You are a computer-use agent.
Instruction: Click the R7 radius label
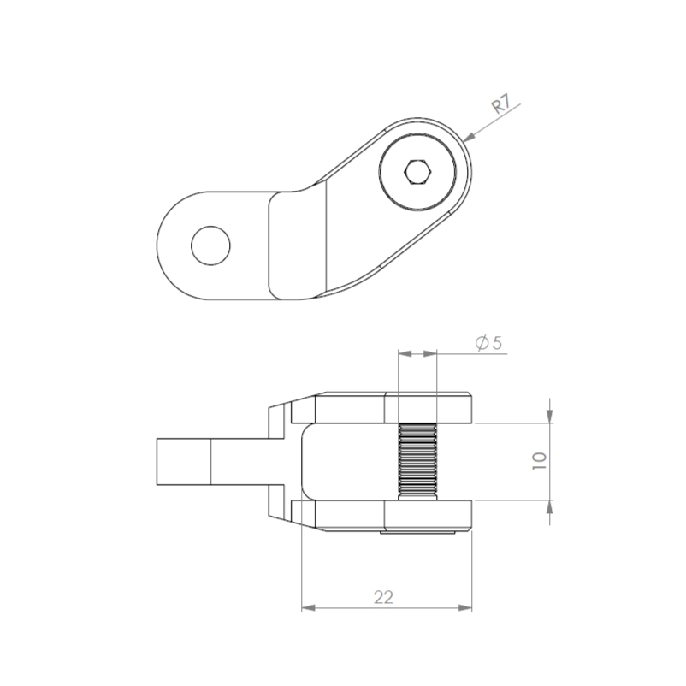pos(501,104)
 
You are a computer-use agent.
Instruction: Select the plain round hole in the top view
pos(210,245)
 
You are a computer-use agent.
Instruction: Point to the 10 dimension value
pos(540,461)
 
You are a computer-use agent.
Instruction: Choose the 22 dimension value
pos(384,597)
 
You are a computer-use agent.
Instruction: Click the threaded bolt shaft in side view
pos(417,461)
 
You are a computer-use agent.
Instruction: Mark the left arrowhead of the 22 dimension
pos(309,607)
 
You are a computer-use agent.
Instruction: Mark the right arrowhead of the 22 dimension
pos(465,607)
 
